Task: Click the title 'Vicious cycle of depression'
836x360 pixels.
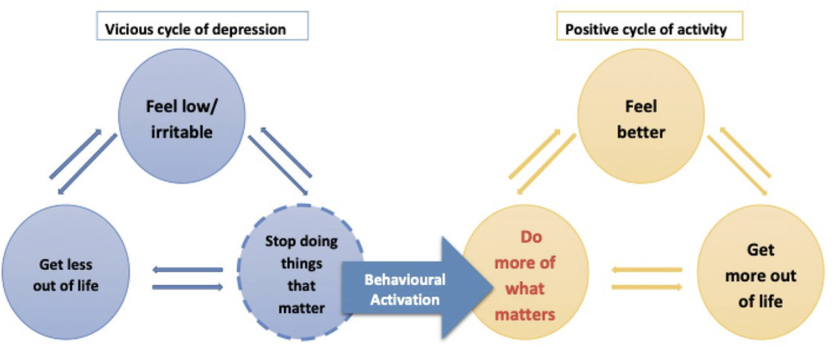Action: [195, 30]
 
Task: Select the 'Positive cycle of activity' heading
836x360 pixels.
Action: [647, 30]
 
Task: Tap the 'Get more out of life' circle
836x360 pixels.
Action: [760, 276]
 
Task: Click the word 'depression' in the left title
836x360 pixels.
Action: [252, 30]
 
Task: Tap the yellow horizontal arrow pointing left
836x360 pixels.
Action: [646, 271]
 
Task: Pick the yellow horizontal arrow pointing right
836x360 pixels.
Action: [646, 287]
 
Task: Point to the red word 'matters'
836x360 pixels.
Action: [525, 314]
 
